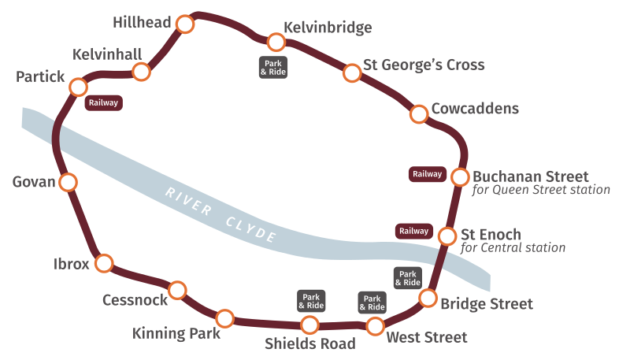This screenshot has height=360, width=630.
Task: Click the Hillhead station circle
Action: point(185,24)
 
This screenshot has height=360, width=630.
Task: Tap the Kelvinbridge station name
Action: point(328,28)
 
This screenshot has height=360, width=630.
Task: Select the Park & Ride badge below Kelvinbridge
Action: point(273,67)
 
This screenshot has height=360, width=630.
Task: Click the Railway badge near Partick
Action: point(104,102)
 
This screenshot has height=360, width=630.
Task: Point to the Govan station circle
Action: point(69,183)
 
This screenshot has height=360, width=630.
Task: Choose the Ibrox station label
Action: point(71,264)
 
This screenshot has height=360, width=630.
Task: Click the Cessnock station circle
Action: point(178,291)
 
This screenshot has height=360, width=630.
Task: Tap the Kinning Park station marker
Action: point(225,319)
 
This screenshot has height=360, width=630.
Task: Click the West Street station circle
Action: point(376,326)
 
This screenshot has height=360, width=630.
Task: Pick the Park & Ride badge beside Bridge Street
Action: point(407,277)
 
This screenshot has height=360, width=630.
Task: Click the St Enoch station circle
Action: point(447,236)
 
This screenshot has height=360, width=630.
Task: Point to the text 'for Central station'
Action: point(513,248)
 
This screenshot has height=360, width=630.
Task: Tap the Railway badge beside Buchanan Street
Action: point(427,174)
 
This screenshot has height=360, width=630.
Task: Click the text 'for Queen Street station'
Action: point(541,190)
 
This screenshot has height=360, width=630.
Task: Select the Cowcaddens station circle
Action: point(419,114)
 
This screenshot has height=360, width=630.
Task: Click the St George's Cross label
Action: point(424,65)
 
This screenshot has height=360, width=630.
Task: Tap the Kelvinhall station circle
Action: point(142,72)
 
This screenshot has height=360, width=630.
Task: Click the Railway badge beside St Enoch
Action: point(413,231)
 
